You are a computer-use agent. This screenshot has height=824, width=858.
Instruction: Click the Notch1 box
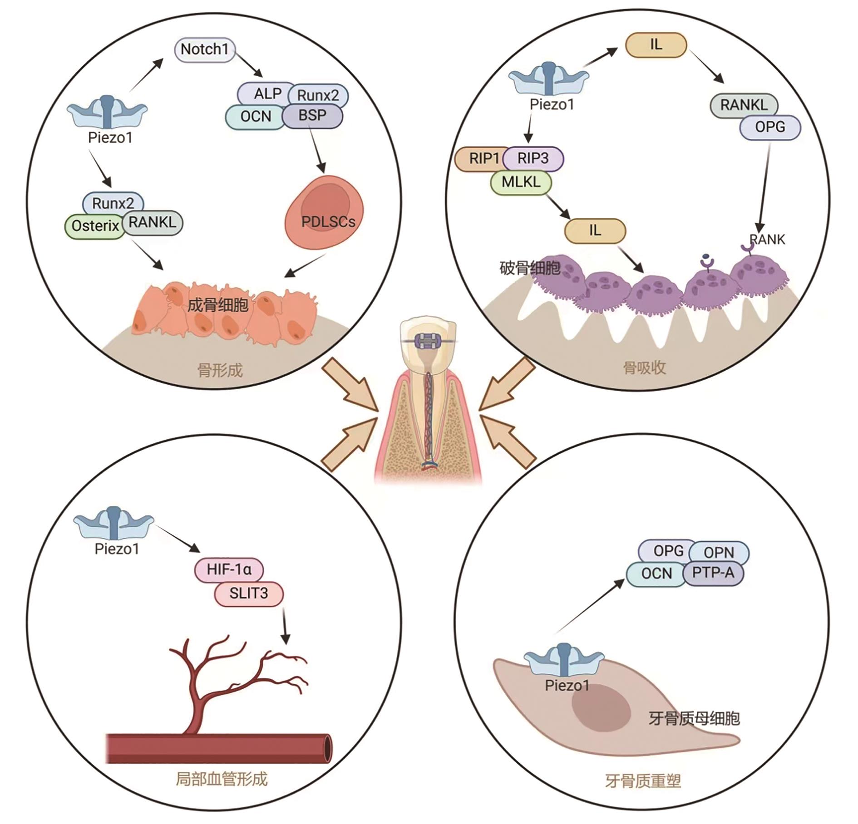click(x=204, y=49)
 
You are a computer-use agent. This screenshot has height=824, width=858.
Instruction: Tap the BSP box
click(x=312, y=116)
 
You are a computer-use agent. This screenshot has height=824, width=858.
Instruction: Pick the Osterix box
click(x=94, y=226)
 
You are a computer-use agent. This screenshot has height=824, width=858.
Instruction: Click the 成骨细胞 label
click(x=218, y=305)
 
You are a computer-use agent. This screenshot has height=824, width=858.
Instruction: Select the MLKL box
click(x=521, y=182)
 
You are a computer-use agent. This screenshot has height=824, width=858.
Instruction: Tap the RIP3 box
click(x=533, y=158)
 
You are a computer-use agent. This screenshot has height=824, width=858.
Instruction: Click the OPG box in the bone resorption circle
click(x=770, y=127)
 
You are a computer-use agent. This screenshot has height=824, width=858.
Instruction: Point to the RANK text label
click(x=767, y=239)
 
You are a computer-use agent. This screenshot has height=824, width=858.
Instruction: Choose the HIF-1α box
click(x=229, y=569)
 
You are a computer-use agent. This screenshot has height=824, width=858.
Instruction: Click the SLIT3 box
click(x=249, y=593)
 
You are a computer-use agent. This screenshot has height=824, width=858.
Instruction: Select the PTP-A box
click(x=713, y=573)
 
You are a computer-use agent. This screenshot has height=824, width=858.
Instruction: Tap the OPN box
click(x=719, y=552)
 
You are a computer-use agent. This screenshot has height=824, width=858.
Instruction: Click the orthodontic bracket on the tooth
click(x=428, y=340)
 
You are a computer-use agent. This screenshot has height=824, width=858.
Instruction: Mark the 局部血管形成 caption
click(x=222, y=780)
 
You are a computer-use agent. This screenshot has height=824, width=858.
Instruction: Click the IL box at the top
click(x=656, y=45)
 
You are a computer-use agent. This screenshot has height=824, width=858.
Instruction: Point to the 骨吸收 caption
click(x=645, y=368)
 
